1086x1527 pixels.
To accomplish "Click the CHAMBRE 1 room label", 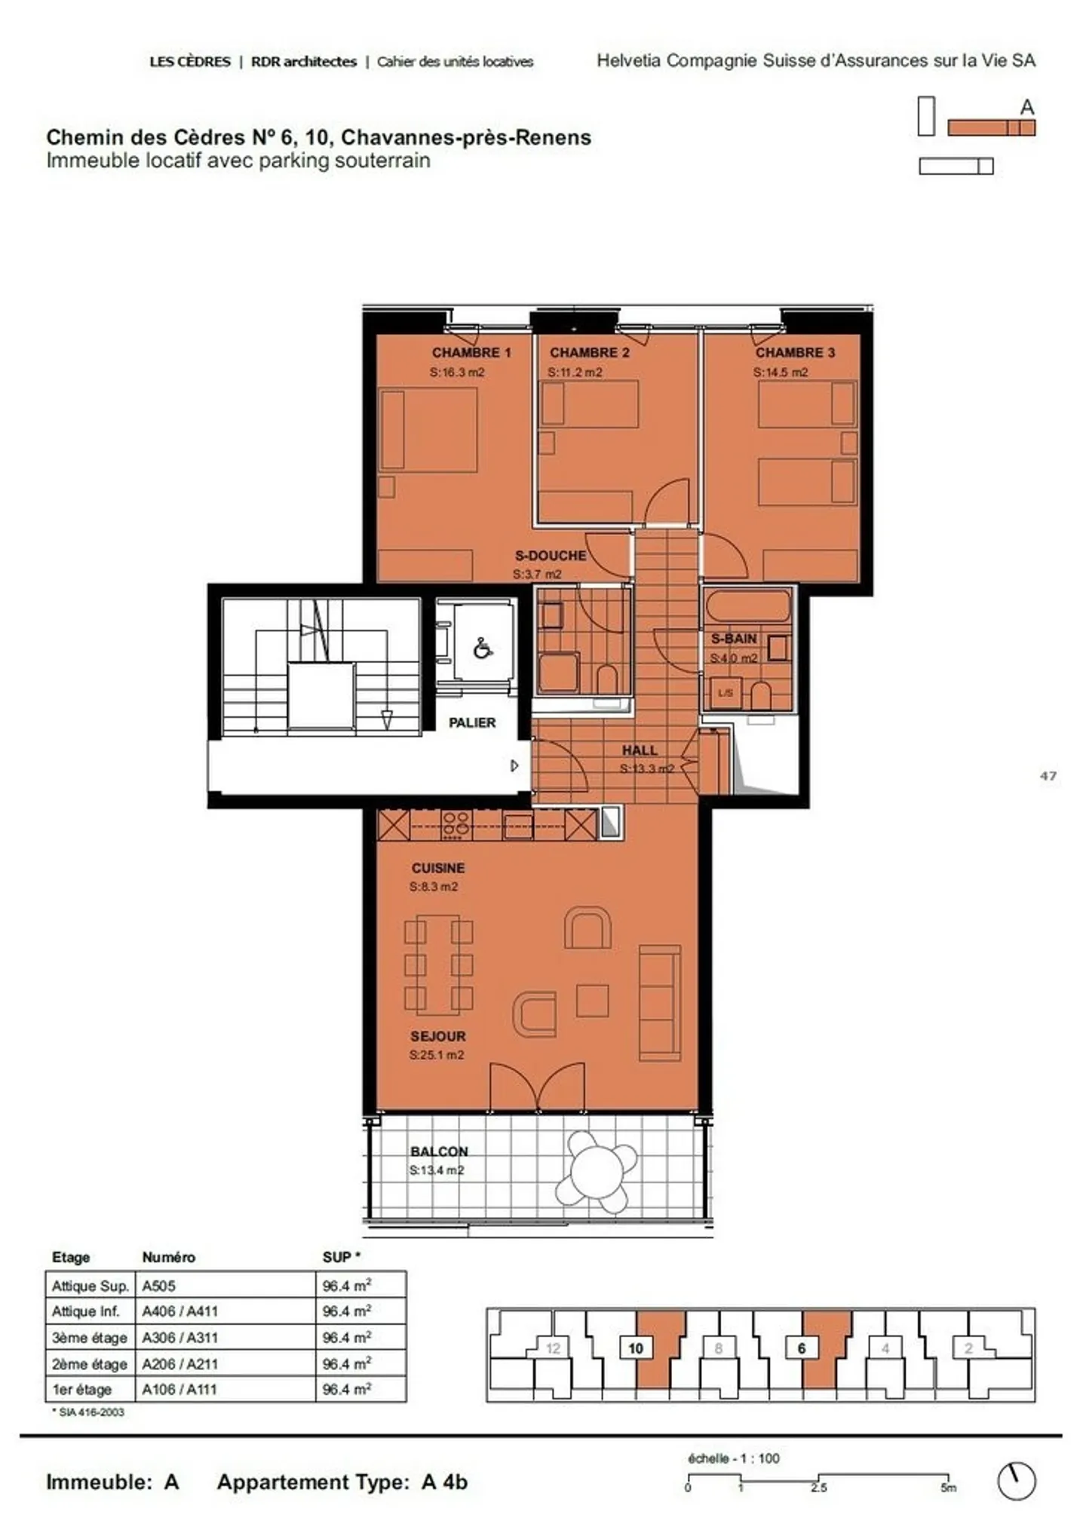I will (471, 352).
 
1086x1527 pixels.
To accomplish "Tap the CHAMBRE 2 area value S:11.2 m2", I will (575, 372).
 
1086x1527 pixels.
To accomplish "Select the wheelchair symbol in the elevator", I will (483, 648).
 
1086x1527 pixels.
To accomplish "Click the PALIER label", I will (472, 722).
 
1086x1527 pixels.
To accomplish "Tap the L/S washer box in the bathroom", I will (726, 692).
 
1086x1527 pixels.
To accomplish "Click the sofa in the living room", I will (659, 1002).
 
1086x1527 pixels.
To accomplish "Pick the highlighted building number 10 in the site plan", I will (635, 1348).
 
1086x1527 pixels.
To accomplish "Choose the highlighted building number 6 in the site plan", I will (801, 1348).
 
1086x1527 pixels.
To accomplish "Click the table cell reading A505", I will (159, 1286).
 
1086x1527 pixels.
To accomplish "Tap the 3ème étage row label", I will (89, 1338).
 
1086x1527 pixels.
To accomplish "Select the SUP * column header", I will (341, 1257).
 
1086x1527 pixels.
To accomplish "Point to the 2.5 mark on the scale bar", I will (818, 1487).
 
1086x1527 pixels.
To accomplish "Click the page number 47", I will (1048, 775).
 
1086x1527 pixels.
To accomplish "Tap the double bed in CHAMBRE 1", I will (428, 430).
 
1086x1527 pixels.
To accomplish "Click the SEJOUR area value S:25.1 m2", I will (437, 1055).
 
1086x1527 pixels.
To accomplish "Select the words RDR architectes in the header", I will (303, 62).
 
